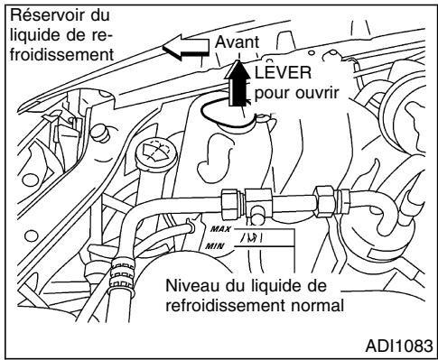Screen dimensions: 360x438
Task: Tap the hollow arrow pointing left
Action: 183,52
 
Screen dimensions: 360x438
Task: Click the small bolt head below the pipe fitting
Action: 257,214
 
